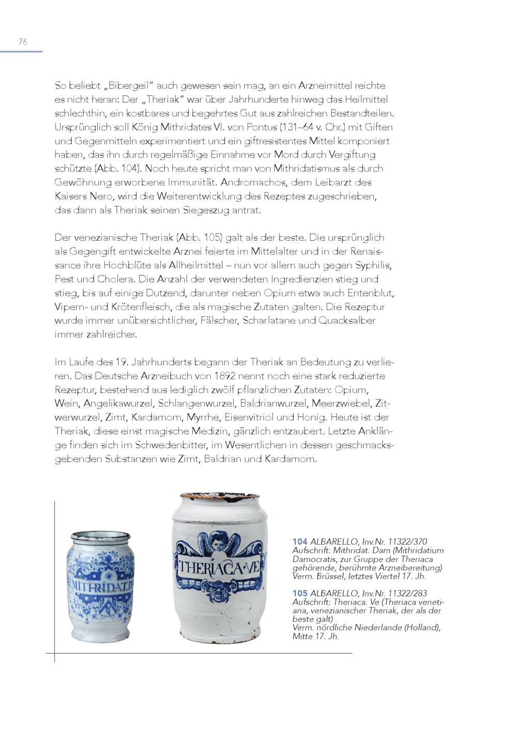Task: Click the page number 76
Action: click(23, 42)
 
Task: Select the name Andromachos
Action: click(253, 182)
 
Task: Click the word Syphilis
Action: click(374, 265)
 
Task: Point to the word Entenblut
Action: click(370, 293)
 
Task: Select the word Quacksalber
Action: click(347, 320)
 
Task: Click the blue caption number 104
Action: click(300, 541)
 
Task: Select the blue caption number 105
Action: click(300, 593)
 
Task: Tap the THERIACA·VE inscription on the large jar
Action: click(220, 568)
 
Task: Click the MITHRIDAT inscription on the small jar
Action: click(102, 587)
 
